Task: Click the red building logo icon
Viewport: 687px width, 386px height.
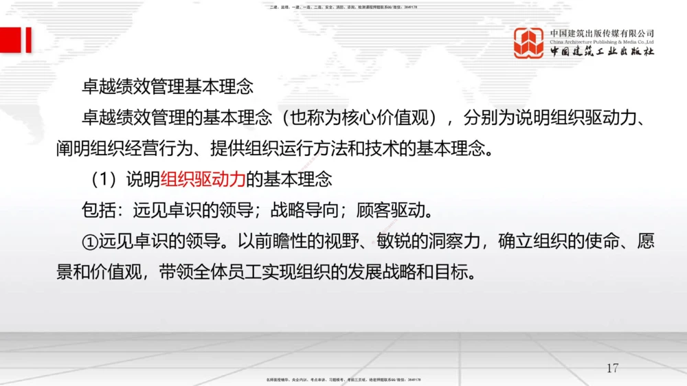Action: tap(528, 43)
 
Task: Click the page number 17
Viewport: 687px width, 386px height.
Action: tap(612, 367)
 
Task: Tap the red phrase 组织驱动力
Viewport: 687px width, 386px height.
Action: tap(203, 179)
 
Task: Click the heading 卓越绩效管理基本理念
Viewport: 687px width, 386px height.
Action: tap(167, 87)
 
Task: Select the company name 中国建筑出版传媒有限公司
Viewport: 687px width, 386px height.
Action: tap(602, 33)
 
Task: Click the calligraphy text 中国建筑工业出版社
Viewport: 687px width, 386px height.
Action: tap(602, 52)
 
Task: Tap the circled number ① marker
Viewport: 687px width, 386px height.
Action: tap(89, 242)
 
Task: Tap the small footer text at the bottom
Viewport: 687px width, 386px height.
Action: tap(343, 379)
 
